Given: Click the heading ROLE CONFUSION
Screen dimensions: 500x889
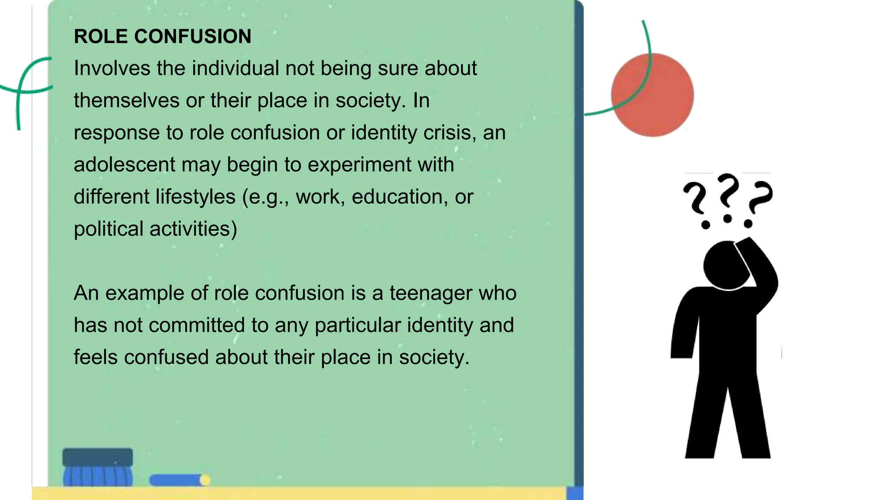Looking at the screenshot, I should [162, 36].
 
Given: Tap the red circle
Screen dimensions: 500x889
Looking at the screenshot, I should [652, 95].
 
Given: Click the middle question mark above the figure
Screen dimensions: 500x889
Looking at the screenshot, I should [728, 197].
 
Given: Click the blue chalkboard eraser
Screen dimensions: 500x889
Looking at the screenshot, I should [98, 467].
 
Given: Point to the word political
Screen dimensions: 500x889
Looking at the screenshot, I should [109, 229].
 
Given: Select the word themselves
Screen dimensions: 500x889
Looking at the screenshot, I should [126, 101].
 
